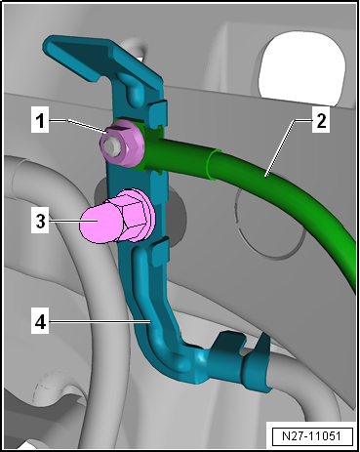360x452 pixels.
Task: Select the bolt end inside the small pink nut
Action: (x=113, y=145)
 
